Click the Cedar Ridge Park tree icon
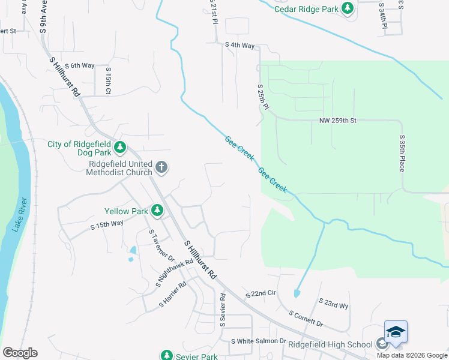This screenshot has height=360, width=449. point(347,8)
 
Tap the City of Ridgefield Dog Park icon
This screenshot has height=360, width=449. point(121,146)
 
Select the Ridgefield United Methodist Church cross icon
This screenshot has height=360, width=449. point(161,167)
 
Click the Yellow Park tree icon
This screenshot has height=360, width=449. point(157,211)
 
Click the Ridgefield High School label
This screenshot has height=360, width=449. point(330,344)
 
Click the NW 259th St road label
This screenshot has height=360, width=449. point(337,121)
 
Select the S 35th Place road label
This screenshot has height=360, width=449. point(402,153)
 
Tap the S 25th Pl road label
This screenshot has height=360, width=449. point(264,96)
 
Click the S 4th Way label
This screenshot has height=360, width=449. point(240,45)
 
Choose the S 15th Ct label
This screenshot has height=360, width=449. point(108,80)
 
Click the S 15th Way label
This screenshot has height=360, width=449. point(107,225)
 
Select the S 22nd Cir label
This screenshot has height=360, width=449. point(261,295)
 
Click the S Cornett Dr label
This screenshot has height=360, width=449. point(306,319)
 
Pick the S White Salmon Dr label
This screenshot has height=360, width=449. point(259,341)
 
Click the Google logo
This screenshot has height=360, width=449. point(20,353)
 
